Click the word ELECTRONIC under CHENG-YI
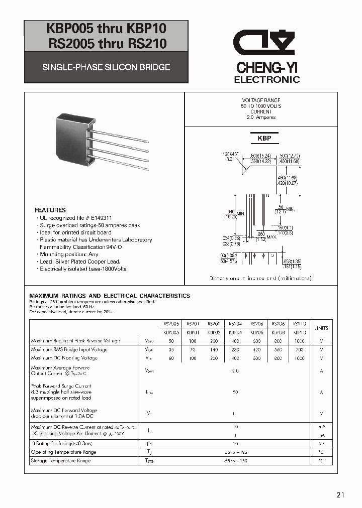[267, 80]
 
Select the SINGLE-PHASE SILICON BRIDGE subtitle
[106, 67]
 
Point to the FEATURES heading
[50, 210]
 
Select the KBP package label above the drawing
[264, 138]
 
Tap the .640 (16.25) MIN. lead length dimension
[231, 214]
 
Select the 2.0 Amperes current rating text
[261, 117]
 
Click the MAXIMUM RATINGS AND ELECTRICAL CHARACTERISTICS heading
[110, 296]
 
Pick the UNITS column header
[321, 328]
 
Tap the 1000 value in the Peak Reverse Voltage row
[299, 341]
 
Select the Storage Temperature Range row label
[60, 460]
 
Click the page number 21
[340, 495]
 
